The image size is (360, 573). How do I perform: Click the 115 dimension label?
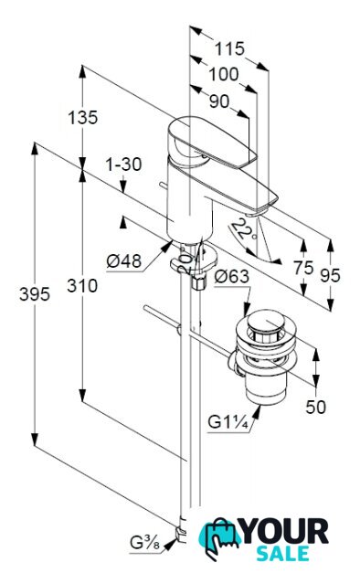pyautogui.click(x=229, y=49)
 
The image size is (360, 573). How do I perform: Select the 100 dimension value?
pyautogui.click(x=223, y=75)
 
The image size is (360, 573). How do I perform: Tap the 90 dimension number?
pyautogui.click(x=219, y=101)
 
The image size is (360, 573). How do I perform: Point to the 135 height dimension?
pyautogui.click(x=83, y=118)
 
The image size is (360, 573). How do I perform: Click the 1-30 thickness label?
pyautogui.click(x=123, y=164)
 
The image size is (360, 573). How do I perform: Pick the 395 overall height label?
pyautogui.click(x=35, y=293)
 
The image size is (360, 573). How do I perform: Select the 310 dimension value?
pyautogui.click(x=82, y=285)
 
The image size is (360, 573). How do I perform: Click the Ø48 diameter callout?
pyautogui.click(x=124, y=261)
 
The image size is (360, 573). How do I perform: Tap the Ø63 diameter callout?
pyautogui.click(x=232, y=276)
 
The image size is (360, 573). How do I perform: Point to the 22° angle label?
pyautogui.click(x=242, y=229)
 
